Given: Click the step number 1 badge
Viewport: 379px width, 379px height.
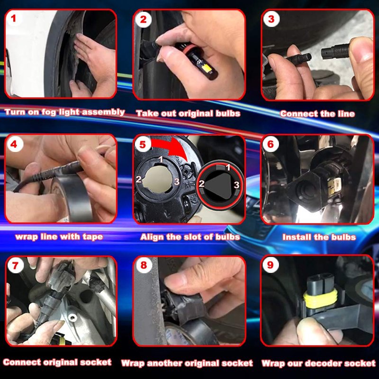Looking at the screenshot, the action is click(x=14, y=18).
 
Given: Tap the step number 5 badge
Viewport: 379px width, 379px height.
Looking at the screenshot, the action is click(x=143, y=144).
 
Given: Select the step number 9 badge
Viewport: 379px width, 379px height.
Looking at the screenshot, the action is click(x=270, y=265).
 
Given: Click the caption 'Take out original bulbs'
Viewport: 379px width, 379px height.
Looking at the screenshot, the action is click(x=188, y=113).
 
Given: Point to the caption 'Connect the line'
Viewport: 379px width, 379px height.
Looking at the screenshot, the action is click(x=317, y=114).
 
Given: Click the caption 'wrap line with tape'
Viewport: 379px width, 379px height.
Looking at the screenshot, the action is click(x=59, y=236).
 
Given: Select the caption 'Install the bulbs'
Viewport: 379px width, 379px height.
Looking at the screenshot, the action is click(x=319, y=237).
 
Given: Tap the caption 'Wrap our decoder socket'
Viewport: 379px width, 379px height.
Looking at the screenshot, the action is click(x=318, y=363).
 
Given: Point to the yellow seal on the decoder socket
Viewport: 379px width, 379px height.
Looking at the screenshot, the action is click(x=320, y=299).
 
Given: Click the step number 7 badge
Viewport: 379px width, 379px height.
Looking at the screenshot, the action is click(x=15, y=265).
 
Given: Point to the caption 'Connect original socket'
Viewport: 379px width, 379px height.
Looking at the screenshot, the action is click(x=57, y=362).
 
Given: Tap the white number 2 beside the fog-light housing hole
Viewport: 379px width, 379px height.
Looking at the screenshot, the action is click(x=138, y=179).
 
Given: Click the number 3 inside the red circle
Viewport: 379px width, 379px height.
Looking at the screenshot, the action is click(x=236, y=185).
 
